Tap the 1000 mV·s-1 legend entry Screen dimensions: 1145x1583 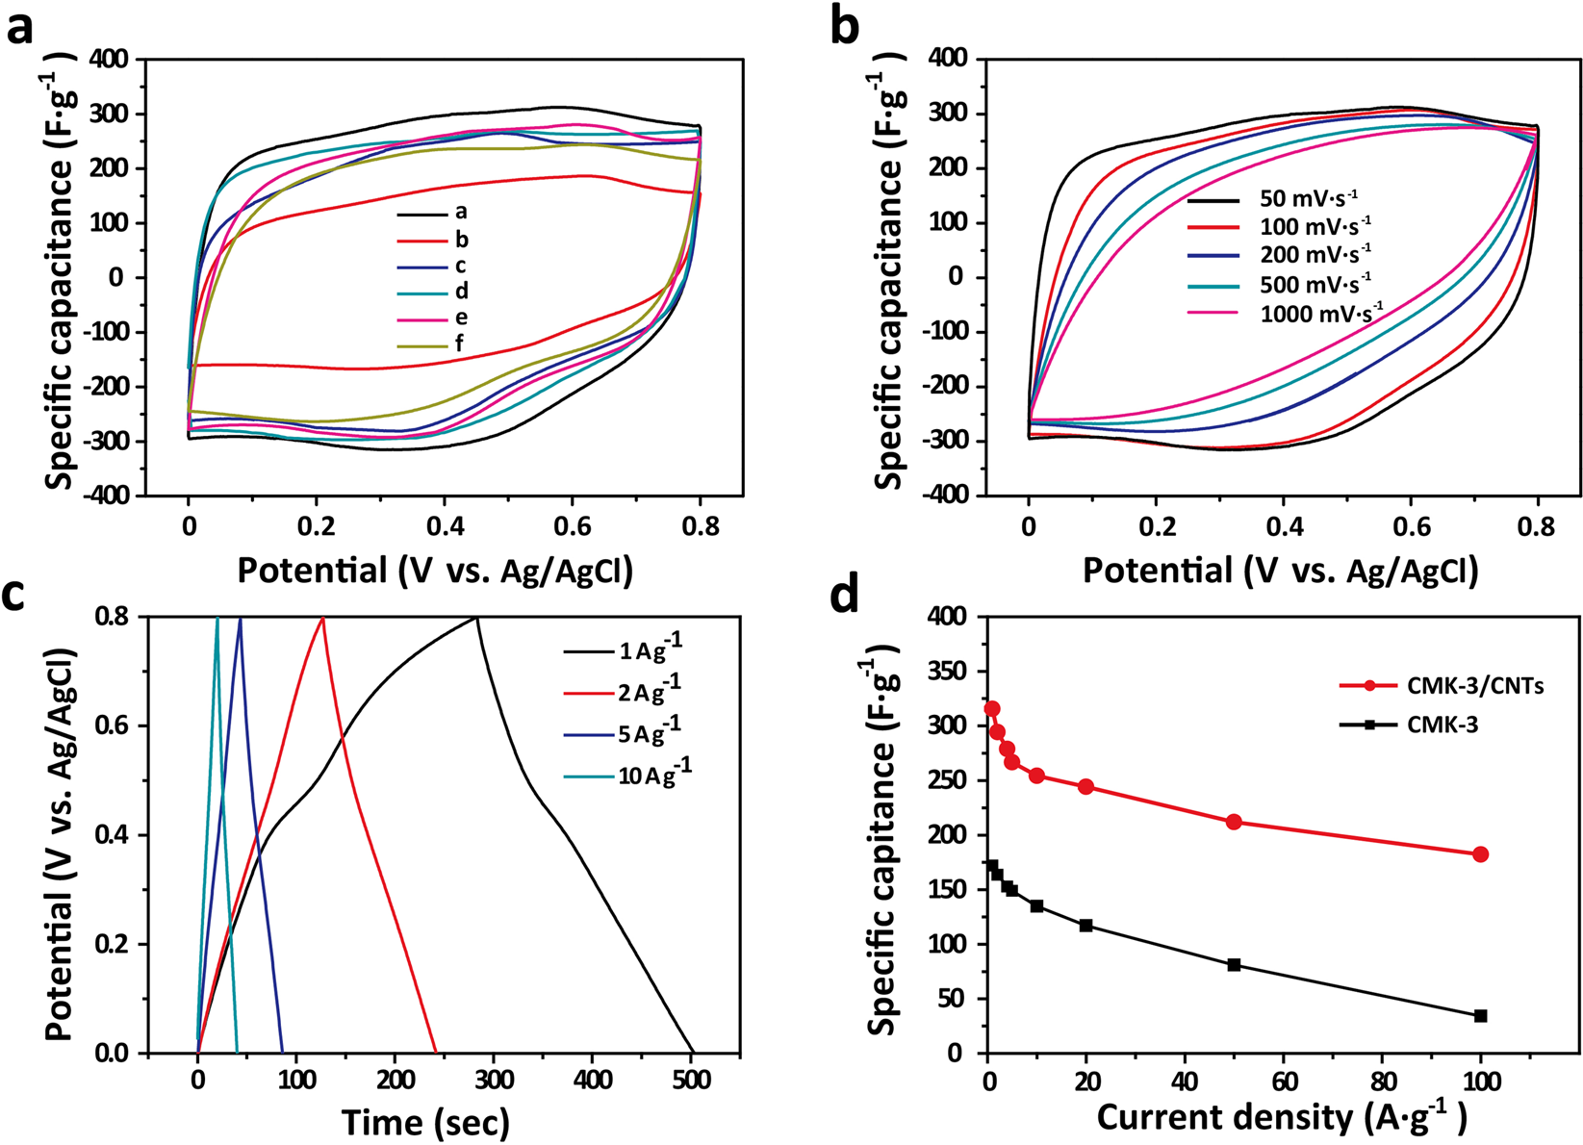click(x=1321, y=313)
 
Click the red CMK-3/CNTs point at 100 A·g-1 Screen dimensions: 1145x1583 click(x=1480, y=854)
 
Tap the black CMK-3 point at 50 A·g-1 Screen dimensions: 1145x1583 click(x=1234, y=964)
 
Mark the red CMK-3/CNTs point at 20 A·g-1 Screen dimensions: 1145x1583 click(x=1086, y=786)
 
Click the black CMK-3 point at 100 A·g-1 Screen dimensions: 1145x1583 click(x=1480, y=1016)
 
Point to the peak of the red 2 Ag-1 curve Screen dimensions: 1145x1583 click(x=322, y=619)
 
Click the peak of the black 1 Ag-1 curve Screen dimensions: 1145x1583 click(x=475, y=618)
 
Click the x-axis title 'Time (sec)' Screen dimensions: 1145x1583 click(x=425, y=1122)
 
